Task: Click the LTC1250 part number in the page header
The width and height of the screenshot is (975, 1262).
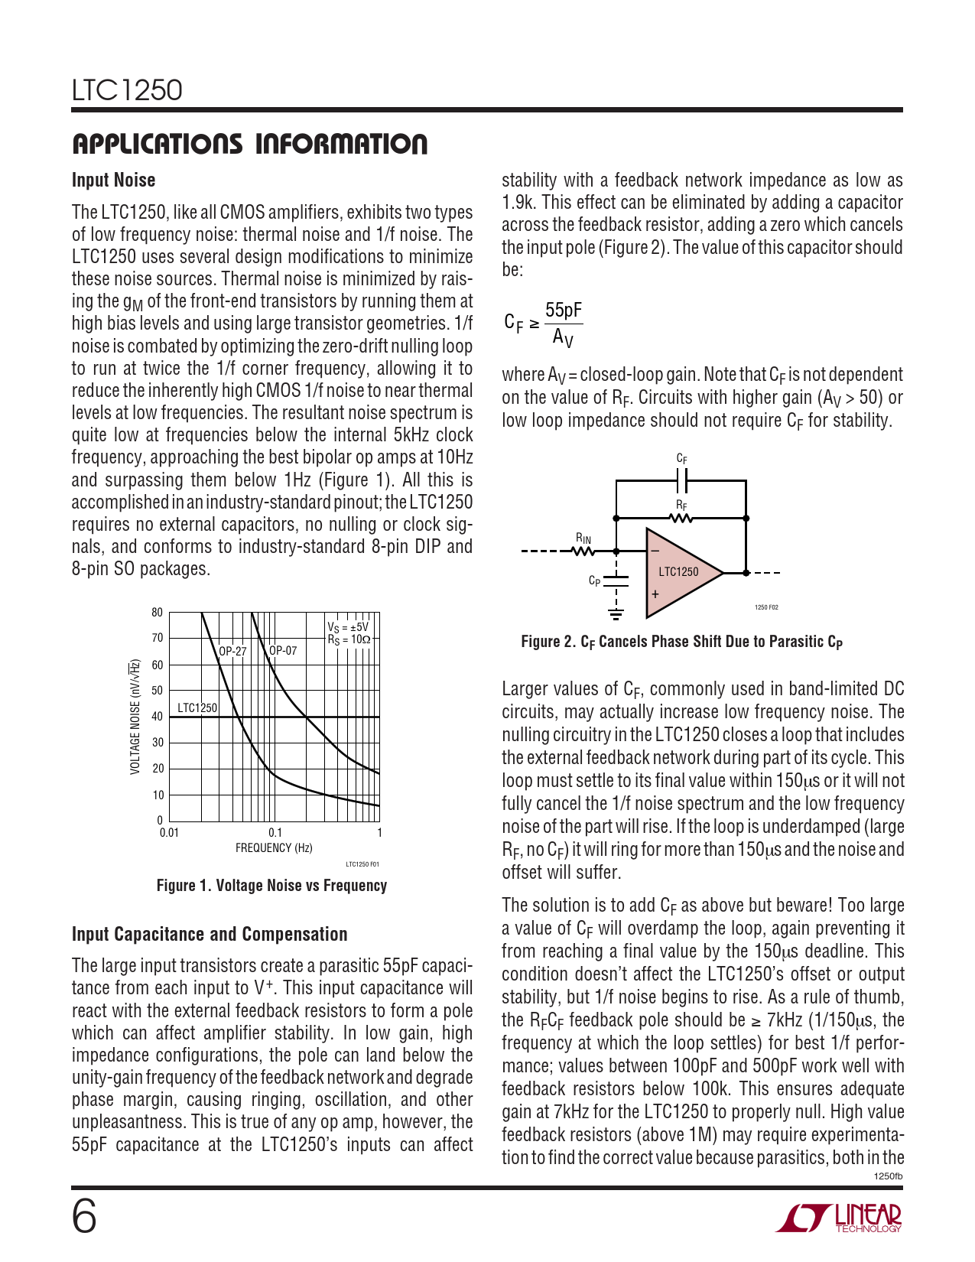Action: click(127, 90)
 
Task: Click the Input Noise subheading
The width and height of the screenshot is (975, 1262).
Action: click(113, 181)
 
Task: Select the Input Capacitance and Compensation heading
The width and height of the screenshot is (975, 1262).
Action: click(210, 934)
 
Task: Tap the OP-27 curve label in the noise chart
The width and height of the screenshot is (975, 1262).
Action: click(232, 652)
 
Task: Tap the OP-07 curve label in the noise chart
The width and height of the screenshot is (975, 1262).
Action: click(283, 651)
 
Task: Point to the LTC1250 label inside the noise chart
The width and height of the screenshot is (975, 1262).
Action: click(197, 708)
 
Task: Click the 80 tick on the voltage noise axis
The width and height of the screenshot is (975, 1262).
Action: click(157, 613)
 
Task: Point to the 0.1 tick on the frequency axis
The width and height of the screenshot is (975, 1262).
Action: click(275, 833)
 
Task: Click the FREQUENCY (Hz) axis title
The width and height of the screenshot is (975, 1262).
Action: click(274, 848)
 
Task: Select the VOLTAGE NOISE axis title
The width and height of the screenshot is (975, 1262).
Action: click(135, 717)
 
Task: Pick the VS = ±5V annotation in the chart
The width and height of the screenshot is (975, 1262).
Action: click(348, 626)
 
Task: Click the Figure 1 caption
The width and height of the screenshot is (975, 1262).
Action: click(271, 886)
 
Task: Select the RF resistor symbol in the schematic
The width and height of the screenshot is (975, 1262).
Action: click(681, 519)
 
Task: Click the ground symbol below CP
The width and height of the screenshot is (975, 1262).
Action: click(616, 612)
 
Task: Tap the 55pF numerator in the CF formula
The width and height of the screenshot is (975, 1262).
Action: click(564, 311)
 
